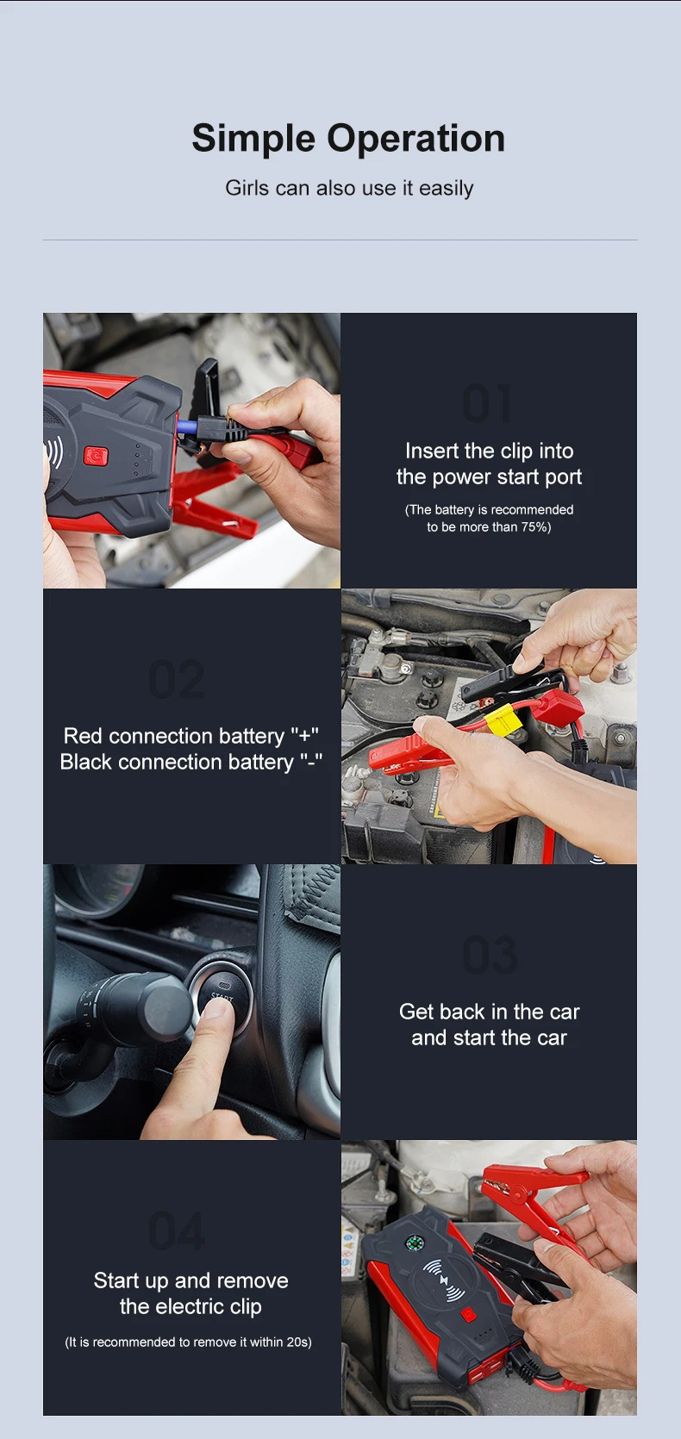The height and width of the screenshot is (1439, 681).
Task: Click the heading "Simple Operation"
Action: (348, 139)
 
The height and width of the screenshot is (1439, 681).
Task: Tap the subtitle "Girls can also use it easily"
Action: (349, 188)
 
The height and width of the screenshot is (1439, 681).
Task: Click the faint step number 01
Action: (488, 404)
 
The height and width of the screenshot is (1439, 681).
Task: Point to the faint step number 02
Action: (177, 679)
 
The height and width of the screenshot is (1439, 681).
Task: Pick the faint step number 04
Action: (177, 1230)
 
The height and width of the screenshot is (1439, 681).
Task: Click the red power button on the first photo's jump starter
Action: (95, 456)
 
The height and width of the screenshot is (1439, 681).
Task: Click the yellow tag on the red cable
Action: (503, 719)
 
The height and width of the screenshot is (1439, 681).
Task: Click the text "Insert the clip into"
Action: (490, 451)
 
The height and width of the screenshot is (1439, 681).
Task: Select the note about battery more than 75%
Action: (489, 519)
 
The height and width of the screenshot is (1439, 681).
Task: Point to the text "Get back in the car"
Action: (490, 1012)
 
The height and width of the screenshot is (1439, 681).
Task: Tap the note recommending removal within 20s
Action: (188, 1342)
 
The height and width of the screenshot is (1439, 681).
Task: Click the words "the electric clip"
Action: (191, 1306)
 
